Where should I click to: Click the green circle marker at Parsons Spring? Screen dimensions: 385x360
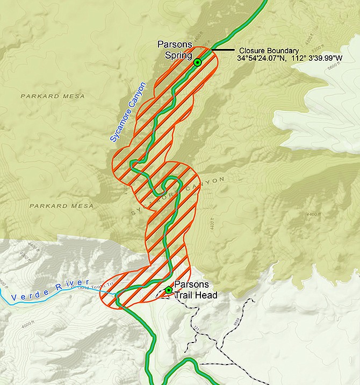click(197, 63)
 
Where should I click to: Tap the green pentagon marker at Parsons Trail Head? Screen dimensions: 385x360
click(169, 290)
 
